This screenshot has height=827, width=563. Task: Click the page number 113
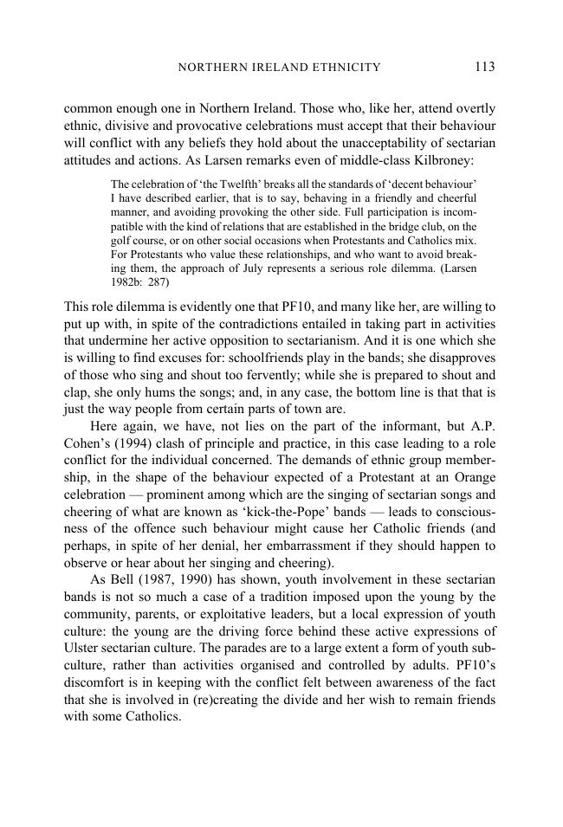[484, 67]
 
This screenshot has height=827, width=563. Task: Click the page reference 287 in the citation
[159, 281]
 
